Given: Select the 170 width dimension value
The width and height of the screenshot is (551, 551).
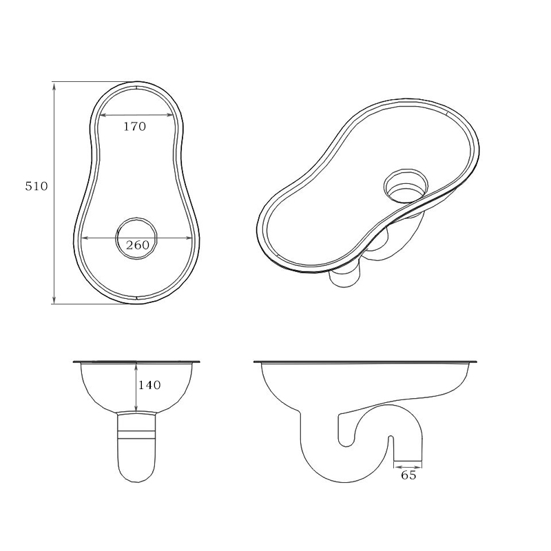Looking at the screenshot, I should pyautogui.click(x=134, y=127).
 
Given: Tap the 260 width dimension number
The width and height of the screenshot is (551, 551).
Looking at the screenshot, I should pyautogui.click(x=138, y=245).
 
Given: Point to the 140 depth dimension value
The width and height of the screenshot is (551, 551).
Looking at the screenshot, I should pyautogui.click(x=149, y=385).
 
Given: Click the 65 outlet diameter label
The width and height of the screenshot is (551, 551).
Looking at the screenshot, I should pyautogui.click(x=408, y=475).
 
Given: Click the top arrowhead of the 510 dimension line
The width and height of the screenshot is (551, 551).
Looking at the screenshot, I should pyautogui.click(x=54, y=85).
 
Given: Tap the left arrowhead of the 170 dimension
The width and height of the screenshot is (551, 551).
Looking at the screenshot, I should pyautogui.click(x=102, y=115).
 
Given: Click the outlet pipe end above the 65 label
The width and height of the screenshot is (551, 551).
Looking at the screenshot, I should pyautogui.click(x=408, y=459).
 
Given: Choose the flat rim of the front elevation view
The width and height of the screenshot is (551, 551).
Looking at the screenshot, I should pyautogui.click(x=138, y=361).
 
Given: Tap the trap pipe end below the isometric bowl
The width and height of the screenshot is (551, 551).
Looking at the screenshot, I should pyautogui.click(x=344, y=279).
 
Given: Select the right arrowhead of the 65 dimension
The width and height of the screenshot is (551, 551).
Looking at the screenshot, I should pyautogui.click(x=420, y=466).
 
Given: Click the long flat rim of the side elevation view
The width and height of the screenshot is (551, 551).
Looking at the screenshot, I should pyautogui.click(x=365, y=362).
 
